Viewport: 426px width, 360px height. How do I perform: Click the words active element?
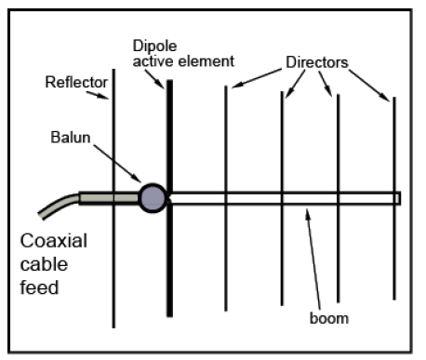point(182,61)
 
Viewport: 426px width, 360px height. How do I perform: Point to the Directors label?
point(315,62)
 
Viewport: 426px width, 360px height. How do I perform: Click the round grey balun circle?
point(153,198)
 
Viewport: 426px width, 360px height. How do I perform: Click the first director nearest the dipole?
point(226,140)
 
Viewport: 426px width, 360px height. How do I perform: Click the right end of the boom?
point(397,198)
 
